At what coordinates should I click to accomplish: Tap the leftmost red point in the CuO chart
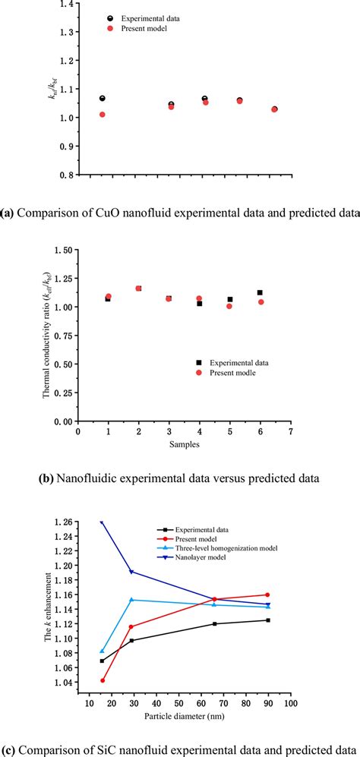pos(103,115)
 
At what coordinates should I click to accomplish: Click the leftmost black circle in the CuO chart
pos(103,99)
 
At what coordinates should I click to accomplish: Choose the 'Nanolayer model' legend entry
pos(204,558)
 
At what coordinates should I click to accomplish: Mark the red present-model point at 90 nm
pos(267,595)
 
